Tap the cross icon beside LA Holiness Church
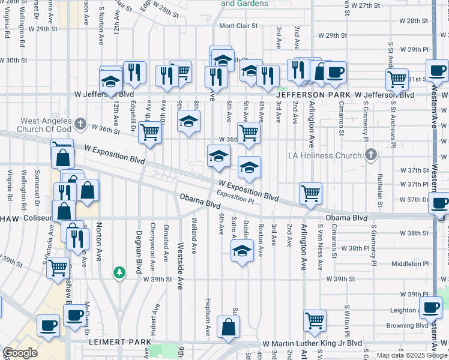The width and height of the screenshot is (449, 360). [371, 155]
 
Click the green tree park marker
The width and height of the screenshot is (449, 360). [119, 273]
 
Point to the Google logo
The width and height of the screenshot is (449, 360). [20, 353]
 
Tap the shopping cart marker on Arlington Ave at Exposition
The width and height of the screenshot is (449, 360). [311, 193]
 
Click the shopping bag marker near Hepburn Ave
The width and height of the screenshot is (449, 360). [228, 327]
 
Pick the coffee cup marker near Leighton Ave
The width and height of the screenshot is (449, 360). [430, 308]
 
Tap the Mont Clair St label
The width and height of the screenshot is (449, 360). [238, 26]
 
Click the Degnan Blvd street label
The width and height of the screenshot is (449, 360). [139, 250]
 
